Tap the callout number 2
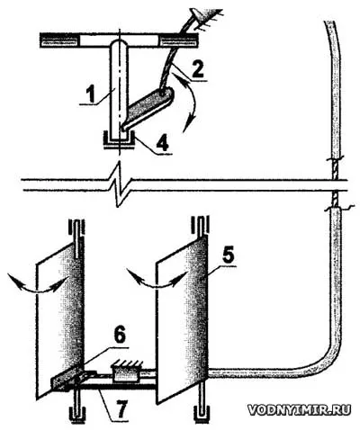197,68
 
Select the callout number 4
162,143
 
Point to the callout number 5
228,254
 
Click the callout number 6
119,336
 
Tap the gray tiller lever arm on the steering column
148,109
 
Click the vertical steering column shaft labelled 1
119,90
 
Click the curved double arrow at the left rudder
37,285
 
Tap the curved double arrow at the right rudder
157,282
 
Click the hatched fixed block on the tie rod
126,372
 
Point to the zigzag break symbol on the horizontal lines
120,184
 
